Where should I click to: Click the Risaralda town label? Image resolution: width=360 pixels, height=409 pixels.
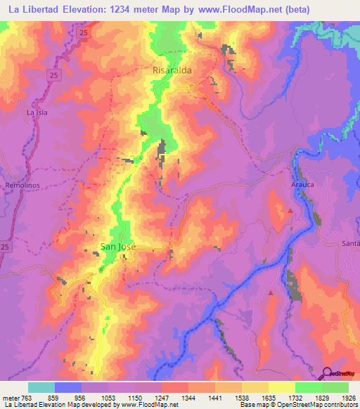coord(172,71)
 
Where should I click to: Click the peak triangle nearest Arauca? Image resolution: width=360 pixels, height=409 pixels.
coord(290,210)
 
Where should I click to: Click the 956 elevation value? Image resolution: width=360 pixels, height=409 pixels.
coord(82,398)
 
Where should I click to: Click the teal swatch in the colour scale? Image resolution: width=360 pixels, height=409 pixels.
coord(41,387)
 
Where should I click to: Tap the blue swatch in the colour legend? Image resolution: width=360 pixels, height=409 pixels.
coord(68,387)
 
